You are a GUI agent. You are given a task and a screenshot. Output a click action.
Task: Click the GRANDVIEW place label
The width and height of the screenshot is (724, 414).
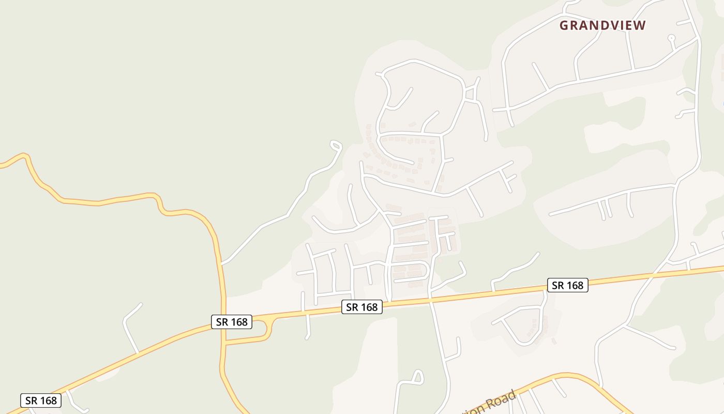click(602, 25)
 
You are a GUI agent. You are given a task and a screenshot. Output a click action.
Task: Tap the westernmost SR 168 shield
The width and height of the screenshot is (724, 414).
click(41, 400)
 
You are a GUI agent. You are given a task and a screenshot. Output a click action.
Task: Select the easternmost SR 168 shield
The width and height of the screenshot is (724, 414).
click(567, 285)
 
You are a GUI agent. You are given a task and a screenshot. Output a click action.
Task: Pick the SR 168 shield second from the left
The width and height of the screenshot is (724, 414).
click(232, 322)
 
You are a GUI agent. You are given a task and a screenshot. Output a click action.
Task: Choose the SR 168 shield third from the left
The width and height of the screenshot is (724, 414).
click(361, 307)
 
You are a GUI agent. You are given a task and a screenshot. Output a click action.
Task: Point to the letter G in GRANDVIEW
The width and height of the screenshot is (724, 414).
click(564, 25)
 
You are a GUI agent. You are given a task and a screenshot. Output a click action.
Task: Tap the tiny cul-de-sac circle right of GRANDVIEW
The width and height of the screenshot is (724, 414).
click(671, 37)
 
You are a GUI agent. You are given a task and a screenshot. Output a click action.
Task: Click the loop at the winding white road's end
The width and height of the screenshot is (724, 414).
click(336, 145)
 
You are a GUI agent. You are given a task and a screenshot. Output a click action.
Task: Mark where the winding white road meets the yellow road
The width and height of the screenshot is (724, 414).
click(222, 263)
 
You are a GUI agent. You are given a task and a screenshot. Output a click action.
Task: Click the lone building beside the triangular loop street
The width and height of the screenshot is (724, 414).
click(554, 341)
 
